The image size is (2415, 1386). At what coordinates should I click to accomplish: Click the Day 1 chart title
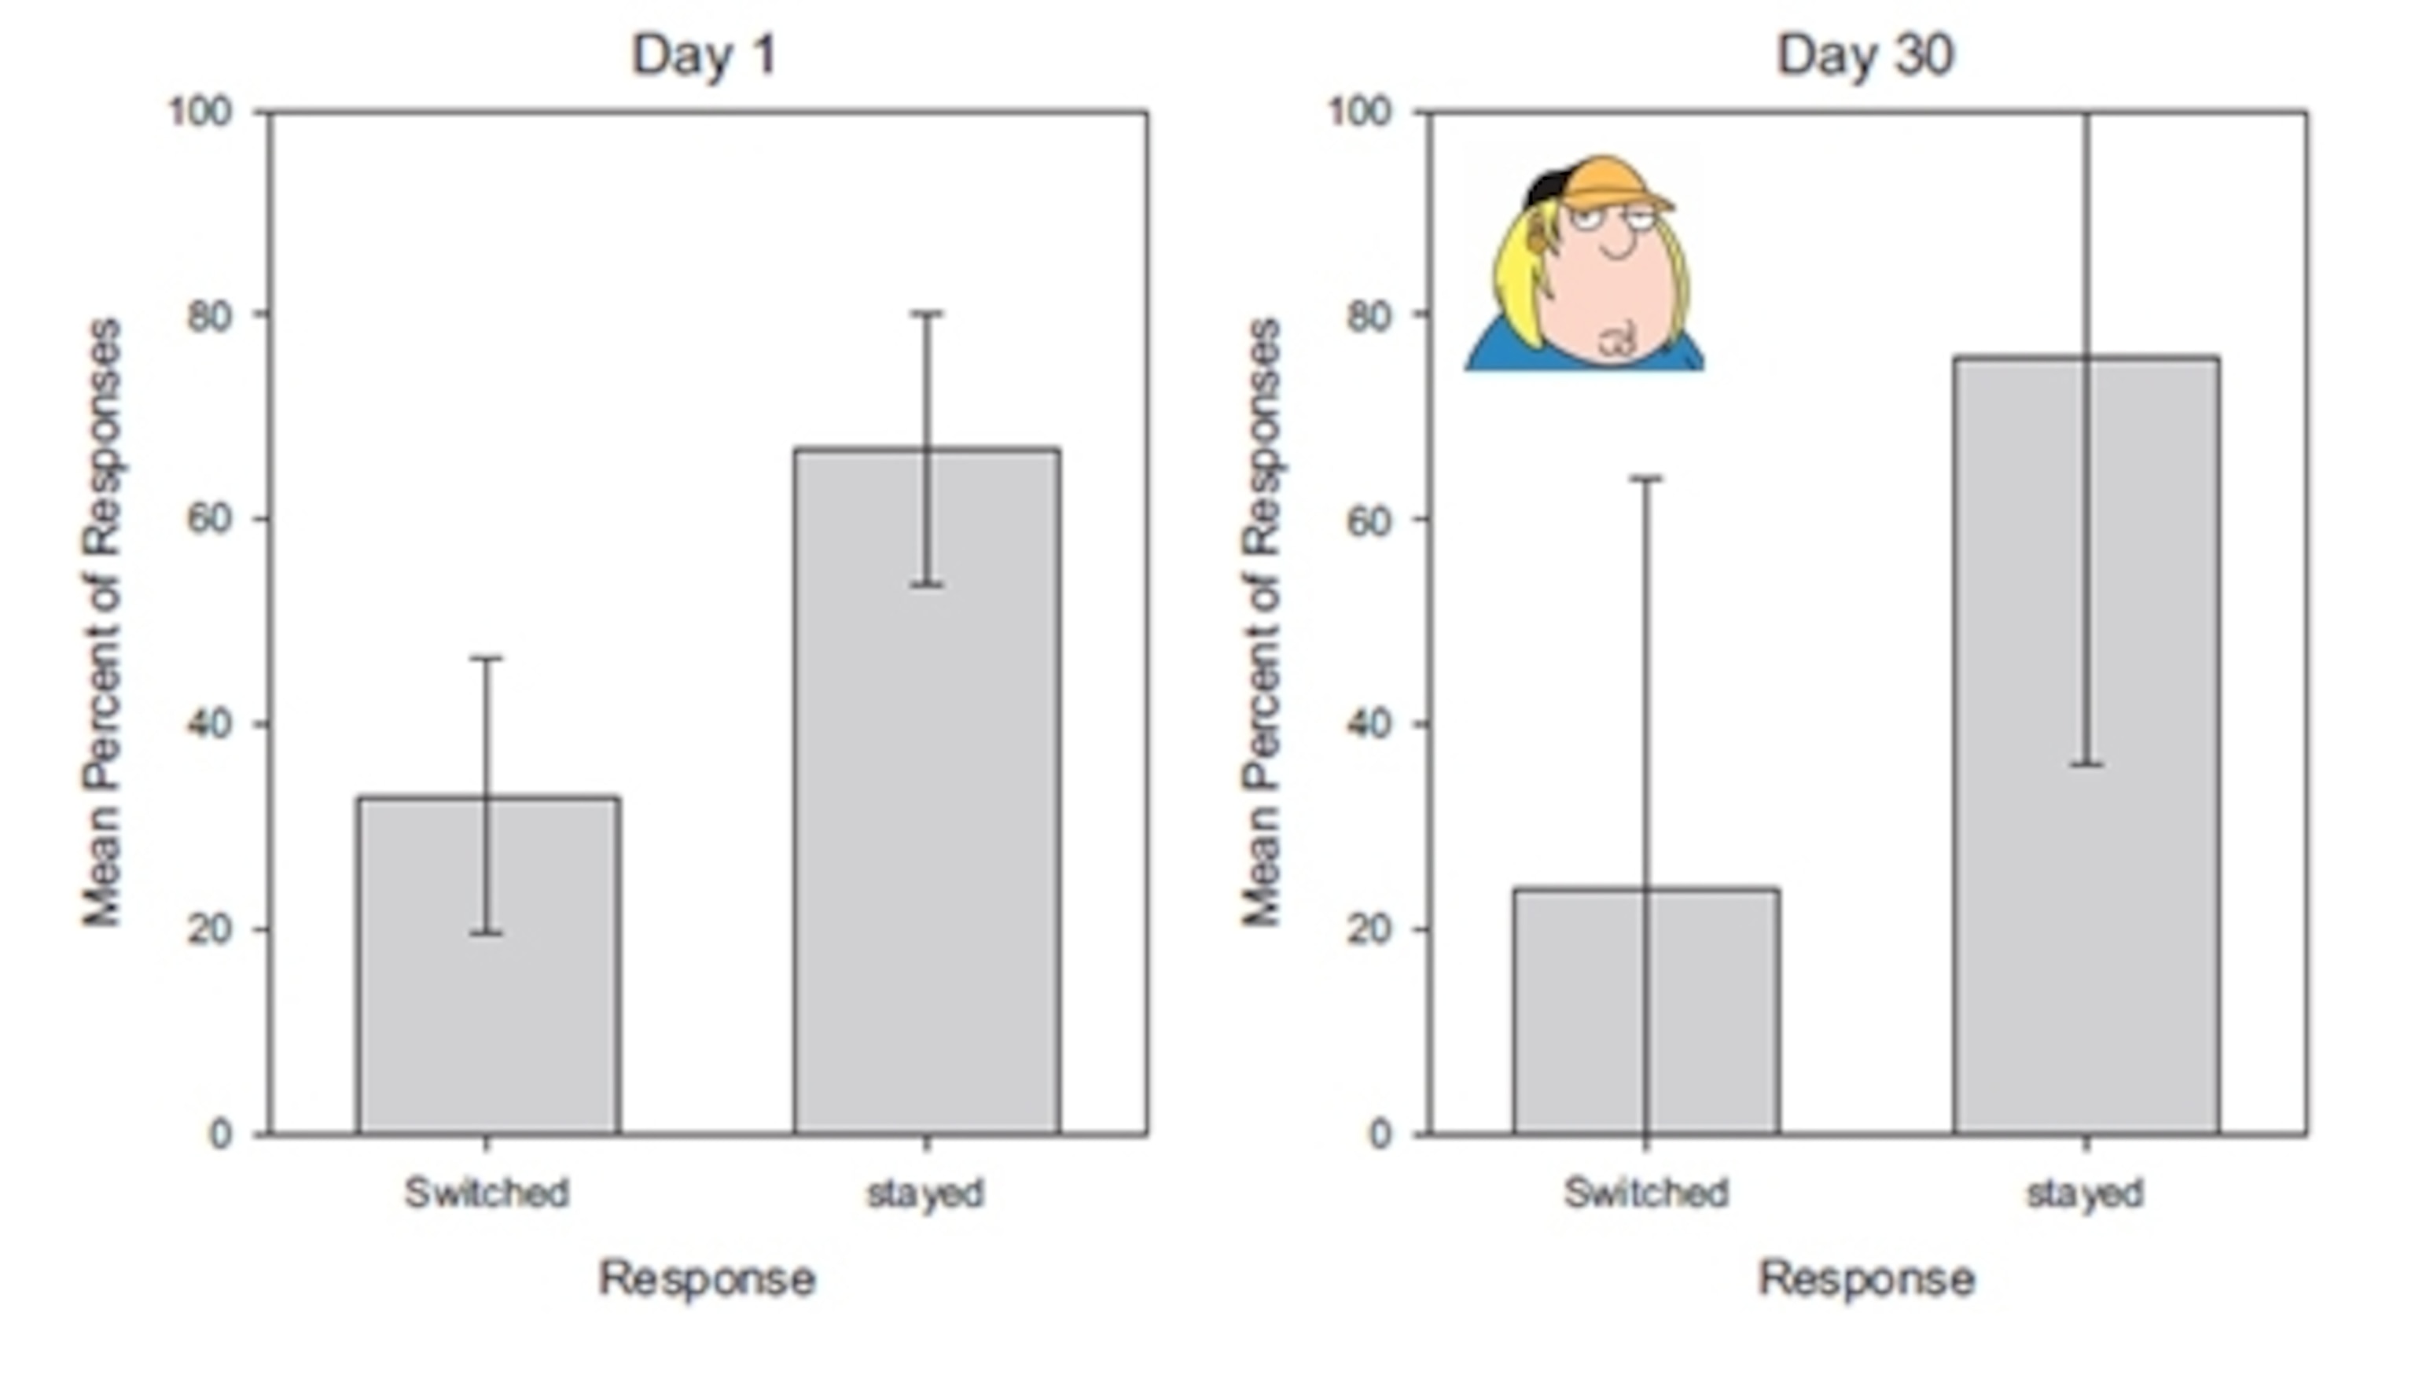704,55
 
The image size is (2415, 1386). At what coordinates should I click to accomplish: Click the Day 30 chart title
1865,55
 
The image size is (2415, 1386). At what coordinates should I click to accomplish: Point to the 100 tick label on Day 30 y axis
1359,112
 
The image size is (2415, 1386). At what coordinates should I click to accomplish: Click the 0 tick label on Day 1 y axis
221,1134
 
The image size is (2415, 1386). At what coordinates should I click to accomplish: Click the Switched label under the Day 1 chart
487,1193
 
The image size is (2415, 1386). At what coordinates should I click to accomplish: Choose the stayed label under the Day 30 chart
2085,1193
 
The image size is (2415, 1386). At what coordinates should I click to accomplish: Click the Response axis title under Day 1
706,1278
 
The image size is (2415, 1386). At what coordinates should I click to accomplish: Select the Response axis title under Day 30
1865,1278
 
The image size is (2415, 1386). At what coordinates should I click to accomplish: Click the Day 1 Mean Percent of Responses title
103,623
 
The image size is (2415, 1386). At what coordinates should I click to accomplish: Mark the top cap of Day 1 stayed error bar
927,313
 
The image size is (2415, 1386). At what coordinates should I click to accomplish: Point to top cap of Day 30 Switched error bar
1646,479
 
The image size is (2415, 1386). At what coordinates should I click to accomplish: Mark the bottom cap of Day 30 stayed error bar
2086,764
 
